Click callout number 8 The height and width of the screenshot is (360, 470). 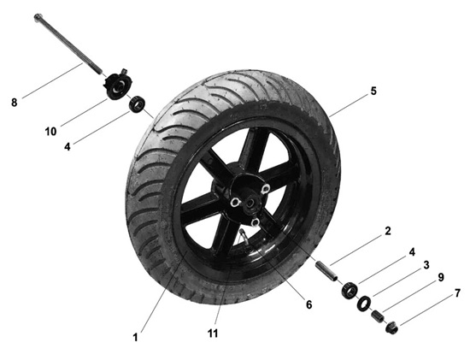14,103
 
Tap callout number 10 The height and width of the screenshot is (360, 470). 50,131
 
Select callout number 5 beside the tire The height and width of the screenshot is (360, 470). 373,91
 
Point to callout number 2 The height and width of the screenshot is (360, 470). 388,231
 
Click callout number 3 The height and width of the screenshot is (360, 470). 426,265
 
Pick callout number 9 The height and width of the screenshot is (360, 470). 441,278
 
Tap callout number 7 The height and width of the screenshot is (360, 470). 457,293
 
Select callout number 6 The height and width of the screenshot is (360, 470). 309,304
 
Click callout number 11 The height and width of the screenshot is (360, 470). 213,333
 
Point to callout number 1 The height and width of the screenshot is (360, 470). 135,337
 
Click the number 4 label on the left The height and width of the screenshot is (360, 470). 68,147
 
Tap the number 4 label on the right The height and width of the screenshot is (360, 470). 412,252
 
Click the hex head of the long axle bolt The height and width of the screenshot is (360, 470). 38,16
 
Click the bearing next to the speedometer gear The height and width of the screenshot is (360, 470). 138,103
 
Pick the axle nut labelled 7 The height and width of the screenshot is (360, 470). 391,327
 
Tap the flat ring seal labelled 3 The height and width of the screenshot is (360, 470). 364,304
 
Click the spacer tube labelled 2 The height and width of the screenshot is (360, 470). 326,271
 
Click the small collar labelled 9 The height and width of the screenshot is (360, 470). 378,316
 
